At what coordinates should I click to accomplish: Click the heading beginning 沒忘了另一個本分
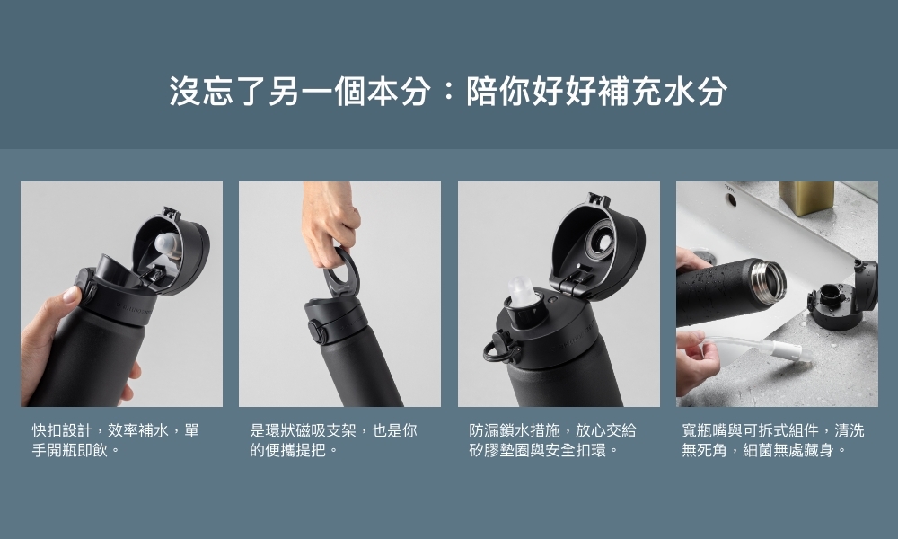tap(448, 91)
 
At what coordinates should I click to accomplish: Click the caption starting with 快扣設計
tap(115, 440)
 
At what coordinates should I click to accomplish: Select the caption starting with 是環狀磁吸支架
tap(333, 440)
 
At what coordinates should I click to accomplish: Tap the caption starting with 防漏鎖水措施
tap(552, 440)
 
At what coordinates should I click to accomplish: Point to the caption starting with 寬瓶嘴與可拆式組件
tap(772, 440)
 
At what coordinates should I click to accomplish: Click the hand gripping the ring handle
tap(330, 224)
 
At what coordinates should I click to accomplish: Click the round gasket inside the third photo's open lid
tap(598, 243)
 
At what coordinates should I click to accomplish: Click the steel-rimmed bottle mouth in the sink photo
tap(770, 283)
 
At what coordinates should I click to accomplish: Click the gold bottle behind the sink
tap(806, 199)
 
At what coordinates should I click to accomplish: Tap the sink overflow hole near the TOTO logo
tap(730, 200)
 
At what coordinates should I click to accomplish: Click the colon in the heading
tap(448, 92)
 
